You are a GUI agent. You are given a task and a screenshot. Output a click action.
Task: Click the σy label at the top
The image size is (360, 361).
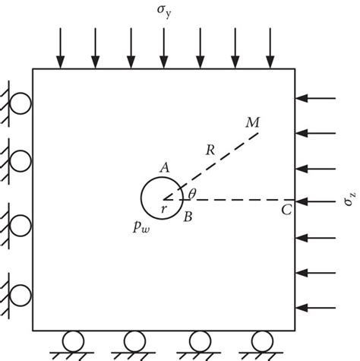(x=163, y=13)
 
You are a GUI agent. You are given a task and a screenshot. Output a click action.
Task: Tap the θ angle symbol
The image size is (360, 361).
(x=192, y=195)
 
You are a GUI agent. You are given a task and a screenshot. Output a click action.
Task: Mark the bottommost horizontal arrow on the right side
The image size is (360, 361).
(x=317, y=307)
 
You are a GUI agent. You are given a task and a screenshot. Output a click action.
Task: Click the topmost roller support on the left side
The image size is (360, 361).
(x=21, y=101)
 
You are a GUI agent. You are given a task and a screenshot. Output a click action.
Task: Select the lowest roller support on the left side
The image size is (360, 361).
(x=21, y=293)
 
